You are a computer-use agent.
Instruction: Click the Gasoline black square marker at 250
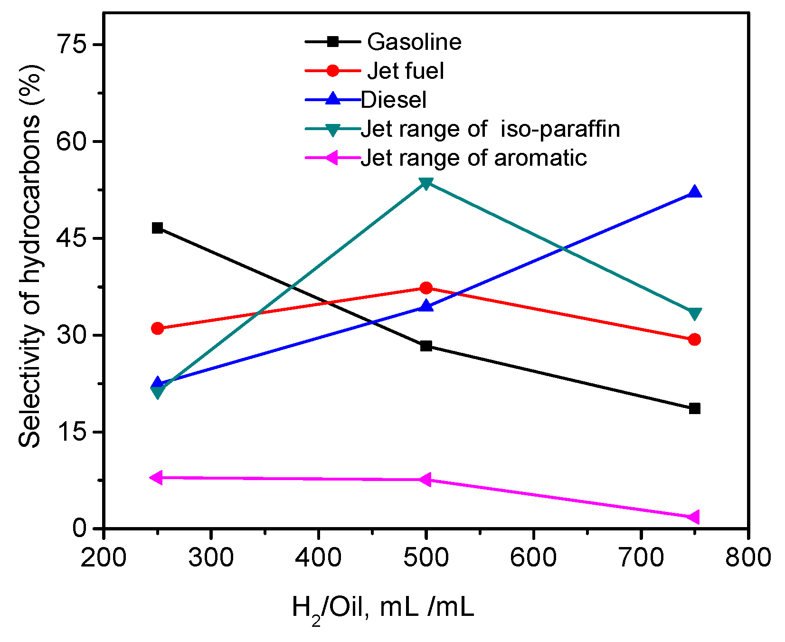pos(157,228)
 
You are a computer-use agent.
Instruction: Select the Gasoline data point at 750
pos(694,408)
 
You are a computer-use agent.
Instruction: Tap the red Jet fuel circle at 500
pos(426,288)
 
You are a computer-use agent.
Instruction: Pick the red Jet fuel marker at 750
pos(694,339)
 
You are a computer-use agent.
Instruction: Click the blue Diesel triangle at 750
pos(694,192)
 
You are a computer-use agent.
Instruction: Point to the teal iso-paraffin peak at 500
pos(426,183)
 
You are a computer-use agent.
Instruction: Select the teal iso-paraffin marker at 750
pos(694,314)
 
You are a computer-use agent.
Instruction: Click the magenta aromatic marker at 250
pos(156,477)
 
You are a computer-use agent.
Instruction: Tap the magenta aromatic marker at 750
pos(693,517)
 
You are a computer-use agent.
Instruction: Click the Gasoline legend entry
pos(414,42)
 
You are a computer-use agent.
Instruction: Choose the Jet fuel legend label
pos(406,71)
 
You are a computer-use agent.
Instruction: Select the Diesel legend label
pos(394,100)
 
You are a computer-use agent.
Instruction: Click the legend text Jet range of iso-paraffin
pos(490,129)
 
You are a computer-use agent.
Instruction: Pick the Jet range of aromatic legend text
pos(473,158)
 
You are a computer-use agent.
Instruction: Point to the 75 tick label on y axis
pos(71,45)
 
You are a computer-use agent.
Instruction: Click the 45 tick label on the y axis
pos(71,238)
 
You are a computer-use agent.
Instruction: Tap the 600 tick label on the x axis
pos(533,557)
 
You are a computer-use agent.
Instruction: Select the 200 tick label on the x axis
pos(103,557)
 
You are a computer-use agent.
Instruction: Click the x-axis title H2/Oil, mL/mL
pos(383,609)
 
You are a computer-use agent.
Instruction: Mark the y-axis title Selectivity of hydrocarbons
pos(30,256)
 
